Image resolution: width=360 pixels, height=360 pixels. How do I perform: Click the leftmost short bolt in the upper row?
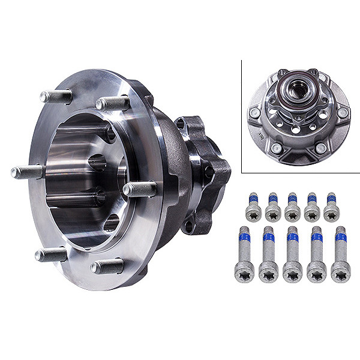point(253,208)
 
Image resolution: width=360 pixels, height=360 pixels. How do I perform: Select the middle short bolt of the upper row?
point(292,208)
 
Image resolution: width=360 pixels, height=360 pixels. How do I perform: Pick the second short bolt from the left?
point(273,208)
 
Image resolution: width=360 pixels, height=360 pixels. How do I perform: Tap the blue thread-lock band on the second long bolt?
point(269,238)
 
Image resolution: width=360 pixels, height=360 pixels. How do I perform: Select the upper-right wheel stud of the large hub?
point(112,103)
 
